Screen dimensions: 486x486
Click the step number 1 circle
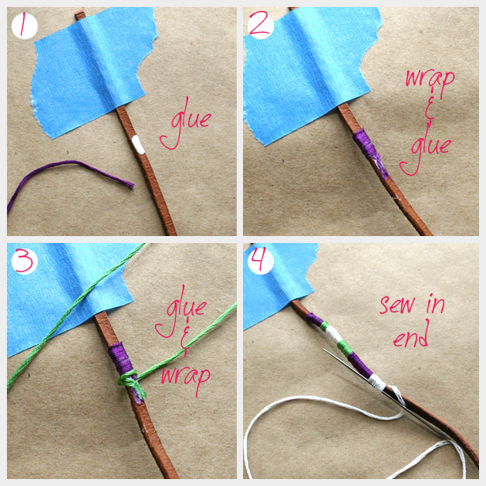coord(25,26)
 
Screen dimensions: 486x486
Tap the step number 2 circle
coord(261,26)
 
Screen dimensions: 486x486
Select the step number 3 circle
coord(25,262)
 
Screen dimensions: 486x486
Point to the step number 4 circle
coord(261,262)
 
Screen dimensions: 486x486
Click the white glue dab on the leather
coord(138,145)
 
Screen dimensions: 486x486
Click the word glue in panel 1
coord(186,123)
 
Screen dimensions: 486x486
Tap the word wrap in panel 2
coord(430,81)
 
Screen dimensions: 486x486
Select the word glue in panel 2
coord(425,149)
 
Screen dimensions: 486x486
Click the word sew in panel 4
coord(397,305)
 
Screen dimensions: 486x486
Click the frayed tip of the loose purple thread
coord(133,185)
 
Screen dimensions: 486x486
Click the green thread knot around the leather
coord(131,383)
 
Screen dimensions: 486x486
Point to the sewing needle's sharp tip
coord(323,349)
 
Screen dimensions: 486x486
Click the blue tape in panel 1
coord(93,71)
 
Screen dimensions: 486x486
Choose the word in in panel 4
coord(436,305)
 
